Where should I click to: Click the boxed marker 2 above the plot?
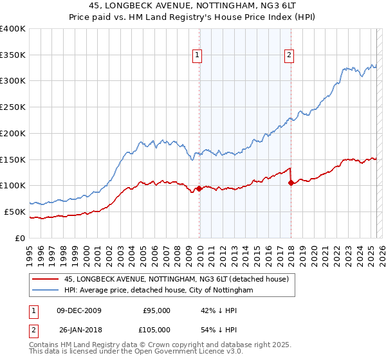289,56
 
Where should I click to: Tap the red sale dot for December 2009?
199,188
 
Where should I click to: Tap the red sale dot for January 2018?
291,183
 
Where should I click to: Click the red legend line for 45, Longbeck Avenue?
45,279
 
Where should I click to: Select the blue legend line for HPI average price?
45,291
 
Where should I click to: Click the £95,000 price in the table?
156,310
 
